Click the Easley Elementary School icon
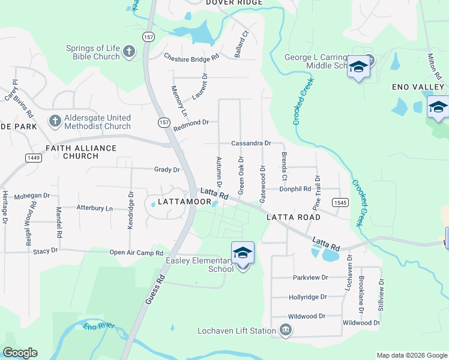coord(243,253)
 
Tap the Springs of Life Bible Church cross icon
coord(128,52)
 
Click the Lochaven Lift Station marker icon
coord(286,330)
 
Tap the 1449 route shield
coord(33,157)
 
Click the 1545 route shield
coord(340,203)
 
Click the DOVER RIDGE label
coord(234,3)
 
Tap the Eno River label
coord(99,328)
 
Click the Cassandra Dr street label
coord(252,144)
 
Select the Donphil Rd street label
coord(295,189)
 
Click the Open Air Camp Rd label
coord(137,253)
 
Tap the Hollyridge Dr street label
coord(307,297)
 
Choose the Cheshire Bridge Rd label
coord(191,57)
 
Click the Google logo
coord(20,353)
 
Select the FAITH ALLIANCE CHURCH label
coord(80,151)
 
